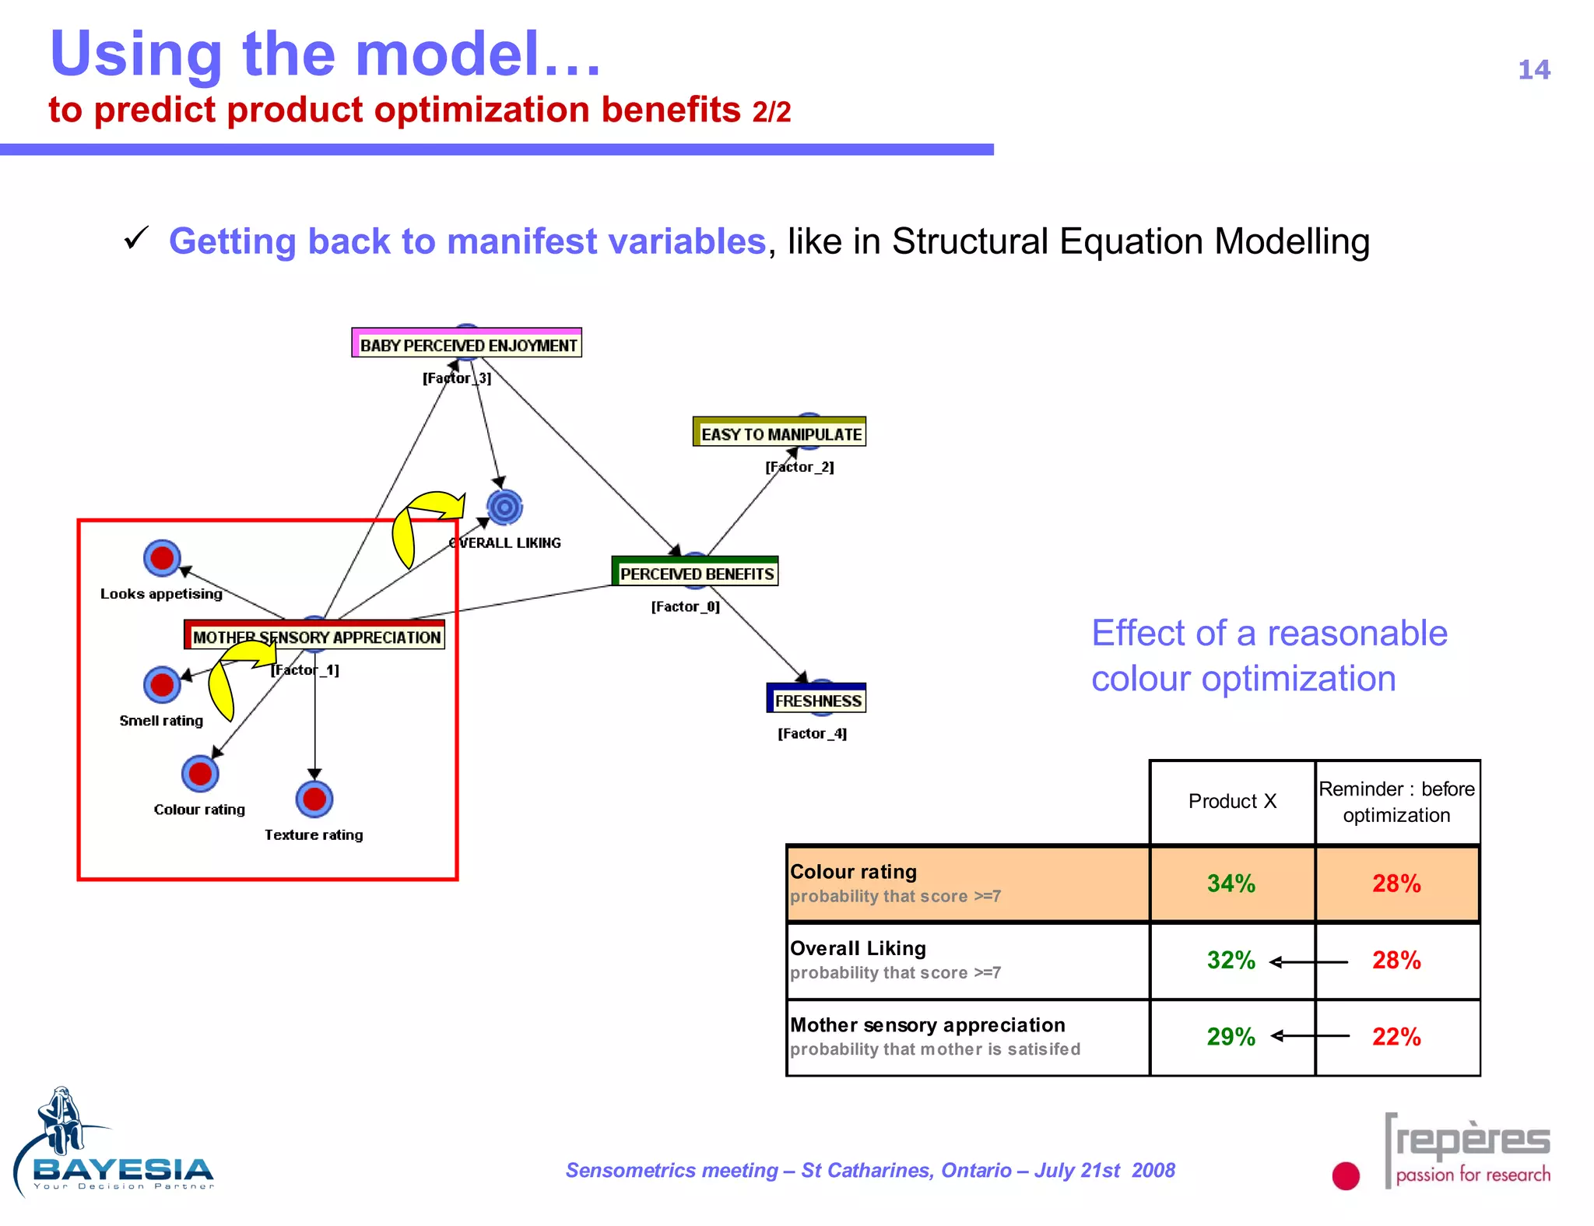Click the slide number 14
click(x=1533, y=70)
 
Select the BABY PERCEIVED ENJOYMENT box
click(x=467, y=344)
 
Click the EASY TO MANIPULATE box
click(x=780, y=433)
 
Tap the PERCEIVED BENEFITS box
click(x=696, y=573)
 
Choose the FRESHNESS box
click(x=816, y=700)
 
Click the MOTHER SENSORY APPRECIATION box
click(x=315, y=636)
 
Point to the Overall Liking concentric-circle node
click(x=504, y=508)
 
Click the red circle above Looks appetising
click(x=162, y=557)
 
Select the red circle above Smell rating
click(x=162, y=684)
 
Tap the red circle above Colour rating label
click(x=200, y=773)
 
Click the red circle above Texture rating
click(x=314, y=799)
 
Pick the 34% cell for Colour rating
click(x=1231, y=883)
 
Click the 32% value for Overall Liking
click(x=1231, y=960)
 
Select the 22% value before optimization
click(x=1396, y=1036)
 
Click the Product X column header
click(x=1232, y=801)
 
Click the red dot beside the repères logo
click(x=1345, y=1175)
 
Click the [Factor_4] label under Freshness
click(x=812, y=733)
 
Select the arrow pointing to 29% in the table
click(x=1310, y=1035)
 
